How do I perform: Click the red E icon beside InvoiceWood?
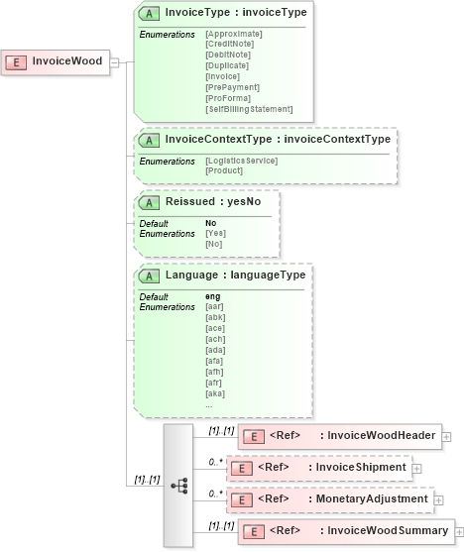(17, 61)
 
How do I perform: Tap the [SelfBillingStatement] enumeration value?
(249, 109)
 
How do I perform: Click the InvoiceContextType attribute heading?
(278, 140)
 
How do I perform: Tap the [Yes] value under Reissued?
(215, 234)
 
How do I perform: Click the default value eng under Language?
(213, 296)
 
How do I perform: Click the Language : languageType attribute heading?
(235, 275)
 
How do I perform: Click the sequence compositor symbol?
(178, 486)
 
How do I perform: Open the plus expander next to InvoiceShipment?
(416, 468)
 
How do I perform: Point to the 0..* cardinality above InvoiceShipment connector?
(214, 462)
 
